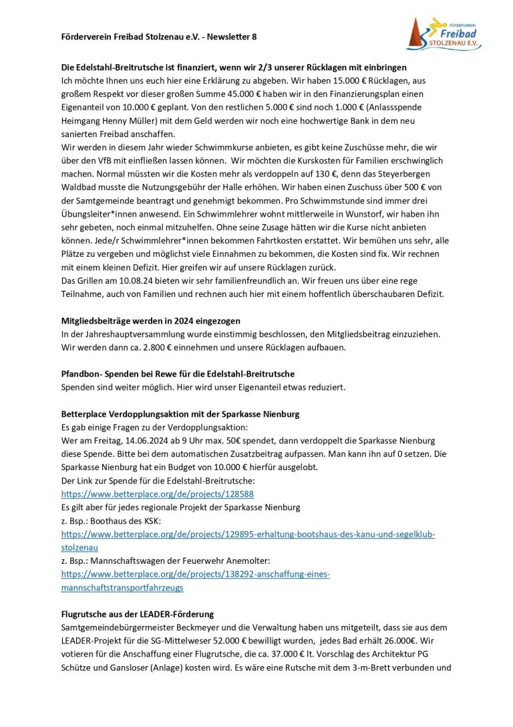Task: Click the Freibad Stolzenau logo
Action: click(x=444, y=33)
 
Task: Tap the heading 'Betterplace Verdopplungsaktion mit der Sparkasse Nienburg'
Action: click(x=180, y=414)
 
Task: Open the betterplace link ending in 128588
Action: click(x=157, y=494)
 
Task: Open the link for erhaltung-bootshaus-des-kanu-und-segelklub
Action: click(x=248, y=535)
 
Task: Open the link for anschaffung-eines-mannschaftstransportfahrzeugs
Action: click(x=195, y=575)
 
